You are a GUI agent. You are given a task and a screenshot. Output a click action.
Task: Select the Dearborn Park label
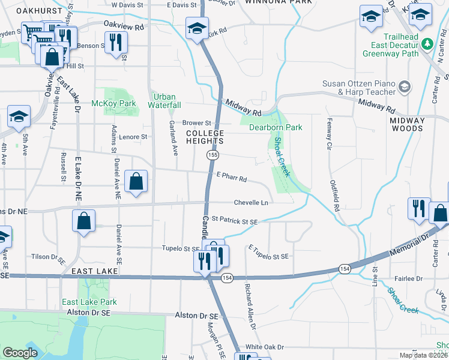click(276, 127)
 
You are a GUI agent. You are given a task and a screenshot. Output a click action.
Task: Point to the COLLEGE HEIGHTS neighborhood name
click(204, 137)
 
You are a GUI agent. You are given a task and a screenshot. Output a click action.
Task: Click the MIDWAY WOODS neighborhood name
click(407, 124)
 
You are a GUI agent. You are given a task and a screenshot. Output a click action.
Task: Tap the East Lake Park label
click(87, 302)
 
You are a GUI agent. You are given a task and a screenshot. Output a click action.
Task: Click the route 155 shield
click(212, 155)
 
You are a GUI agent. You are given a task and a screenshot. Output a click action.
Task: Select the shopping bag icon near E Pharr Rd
click(137, 181)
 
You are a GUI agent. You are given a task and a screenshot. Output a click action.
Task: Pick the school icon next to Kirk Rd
click(196, 29)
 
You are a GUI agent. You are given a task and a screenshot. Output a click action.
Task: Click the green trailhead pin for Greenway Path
click(427, 43)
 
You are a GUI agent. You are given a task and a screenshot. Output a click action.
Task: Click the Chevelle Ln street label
click(251, 203)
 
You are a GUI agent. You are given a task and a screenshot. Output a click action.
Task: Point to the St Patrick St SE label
click(234, 221)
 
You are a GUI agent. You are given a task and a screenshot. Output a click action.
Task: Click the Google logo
click(20, 353)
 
